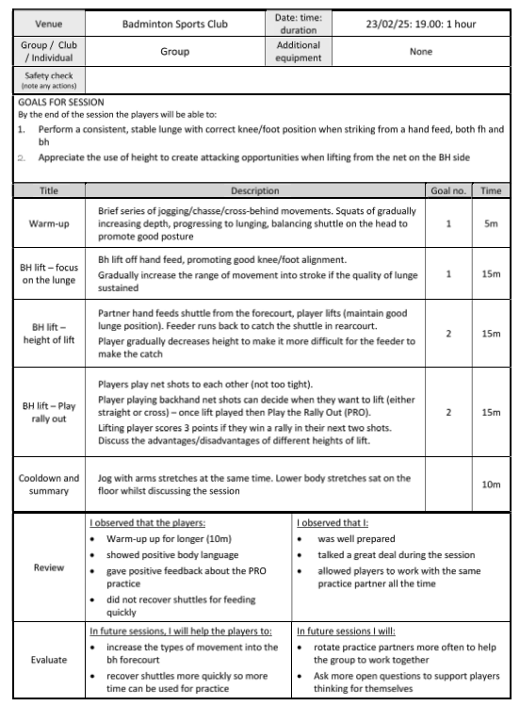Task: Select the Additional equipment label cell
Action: click(298, 52)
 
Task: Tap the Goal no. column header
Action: click(448, 190)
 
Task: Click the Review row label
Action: click(49, 567)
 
